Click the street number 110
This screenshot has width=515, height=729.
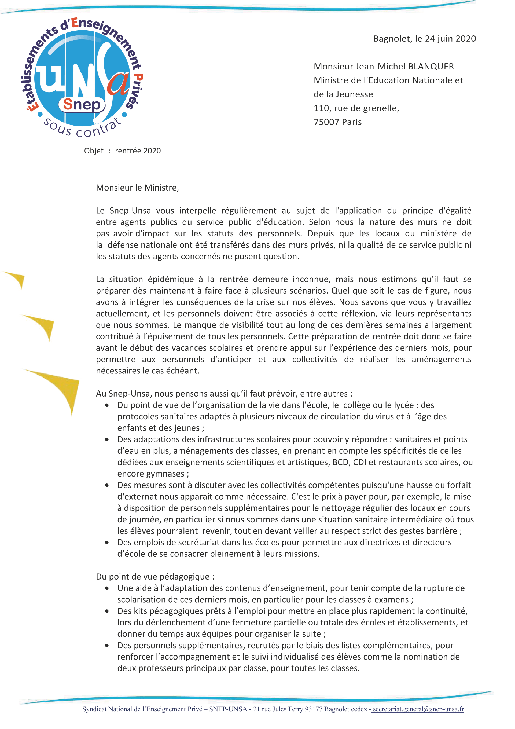point(321,108)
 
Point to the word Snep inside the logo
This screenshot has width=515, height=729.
point(82,104)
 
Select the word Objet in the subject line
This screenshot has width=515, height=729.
point(94,151)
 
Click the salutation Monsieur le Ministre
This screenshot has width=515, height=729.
point(137,188)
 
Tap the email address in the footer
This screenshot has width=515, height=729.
point(418,709)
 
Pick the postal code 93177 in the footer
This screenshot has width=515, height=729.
point(313,709)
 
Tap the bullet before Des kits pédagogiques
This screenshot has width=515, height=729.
point(107,611)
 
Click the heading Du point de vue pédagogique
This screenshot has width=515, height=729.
point(155,577)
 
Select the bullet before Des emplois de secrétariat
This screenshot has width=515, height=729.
point(107,542)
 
